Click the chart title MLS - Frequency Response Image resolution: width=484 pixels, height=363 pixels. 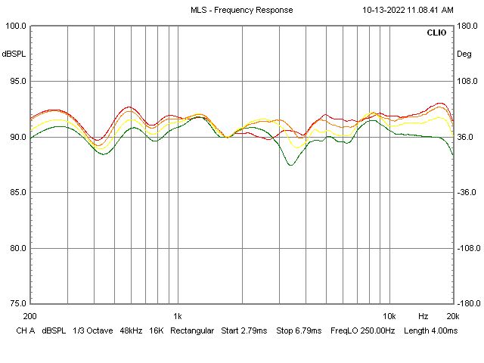[241, 10]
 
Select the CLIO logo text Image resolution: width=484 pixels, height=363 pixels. [436, 33]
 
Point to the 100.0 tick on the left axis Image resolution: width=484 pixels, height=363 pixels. [16, 26]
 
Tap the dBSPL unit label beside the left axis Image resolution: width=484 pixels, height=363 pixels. [14, 54]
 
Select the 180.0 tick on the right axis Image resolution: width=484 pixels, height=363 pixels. [467, 26]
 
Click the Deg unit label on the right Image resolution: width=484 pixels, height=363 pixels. [464, 54]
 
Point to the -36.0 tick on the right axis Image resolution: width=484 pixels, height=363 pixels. [467, 192]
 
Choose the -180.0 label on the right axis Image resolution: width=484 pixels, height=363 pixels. [466, 303]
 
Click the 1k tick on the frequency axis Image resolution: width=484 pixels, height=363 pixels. [178, 315]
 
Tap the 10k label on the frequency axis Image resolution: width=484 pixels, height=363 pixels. [389, 315]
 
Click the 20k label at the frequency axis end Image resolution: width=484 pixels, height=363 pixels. [452, 315]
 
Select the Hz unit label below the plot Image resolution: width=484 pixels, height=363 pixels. [423, 315]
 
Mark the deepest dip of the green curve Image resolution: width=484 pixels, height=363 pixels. [290, 165]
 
